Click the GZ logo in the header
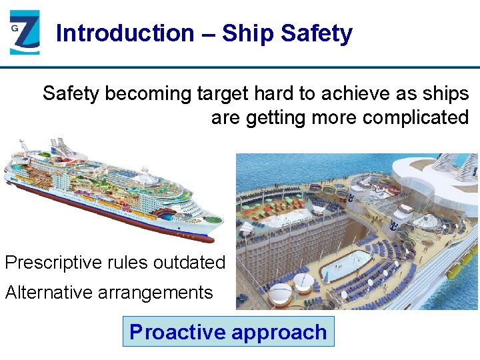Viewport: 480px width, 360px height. click(x=25, y=32)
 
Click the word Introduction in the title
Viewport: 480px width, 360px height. click(x=125, y=33)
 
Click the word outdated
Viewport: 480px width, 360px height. click(x=189, y=263)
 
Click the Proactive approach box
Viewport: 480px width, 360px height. click(x=228, y=332)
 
